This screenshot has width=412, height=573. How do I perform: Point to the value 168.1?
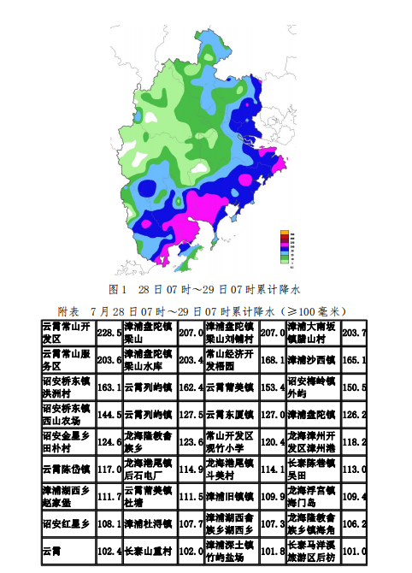(x=272, y=360)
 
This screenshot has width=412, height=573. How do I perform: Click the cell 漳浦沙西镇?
(x=312, y=360)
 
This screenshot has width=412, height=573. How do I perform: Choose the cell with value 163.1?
(x=109, y=387)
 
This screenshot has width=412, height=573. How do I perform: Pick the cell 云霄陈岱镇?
(x=67, y=469)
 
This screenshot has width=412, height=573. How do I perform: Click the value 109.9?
(x=272, y=496)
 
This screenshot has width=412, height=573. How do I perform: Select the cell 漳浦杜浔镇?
(x=149, y=523)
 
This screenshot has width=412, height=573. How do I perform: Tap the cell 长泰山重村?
(x=149, y=551)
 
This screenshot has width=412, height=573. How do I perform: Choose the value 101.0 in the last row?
(x=353, y=551)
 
